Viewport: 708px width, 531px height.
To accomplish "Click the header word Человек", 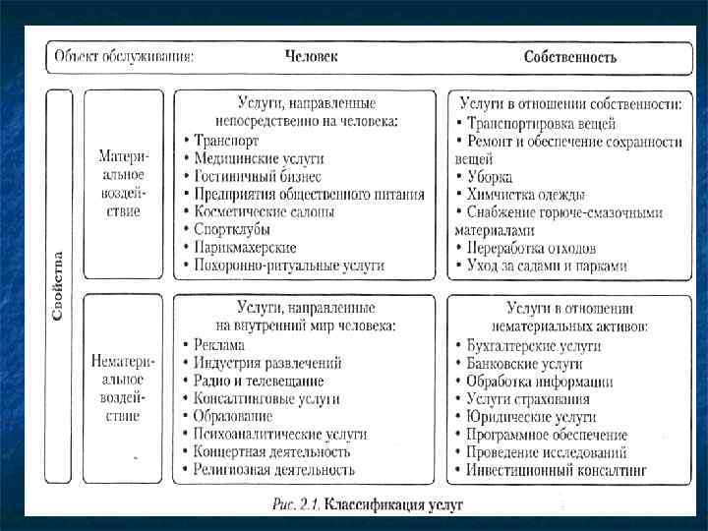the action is point(311,56).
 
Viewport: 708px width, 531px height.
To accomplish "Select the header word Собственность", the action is point(570,57).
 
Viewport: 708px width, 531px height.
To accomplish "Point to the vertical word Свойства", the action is point(58,286).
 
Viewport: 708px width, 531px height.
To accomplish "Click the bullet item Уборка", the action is point(490,177).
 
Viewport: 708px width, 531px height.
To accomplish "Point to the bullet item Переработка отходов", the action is point(531,248).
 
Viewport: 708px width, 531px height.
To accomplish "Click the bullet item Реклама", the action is point(219,345).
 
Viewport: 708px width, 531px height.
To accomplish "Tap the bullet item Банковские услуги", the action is point(522,364).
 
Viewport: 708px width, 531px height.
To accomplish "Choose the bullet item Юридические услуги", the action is point(526,417).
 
